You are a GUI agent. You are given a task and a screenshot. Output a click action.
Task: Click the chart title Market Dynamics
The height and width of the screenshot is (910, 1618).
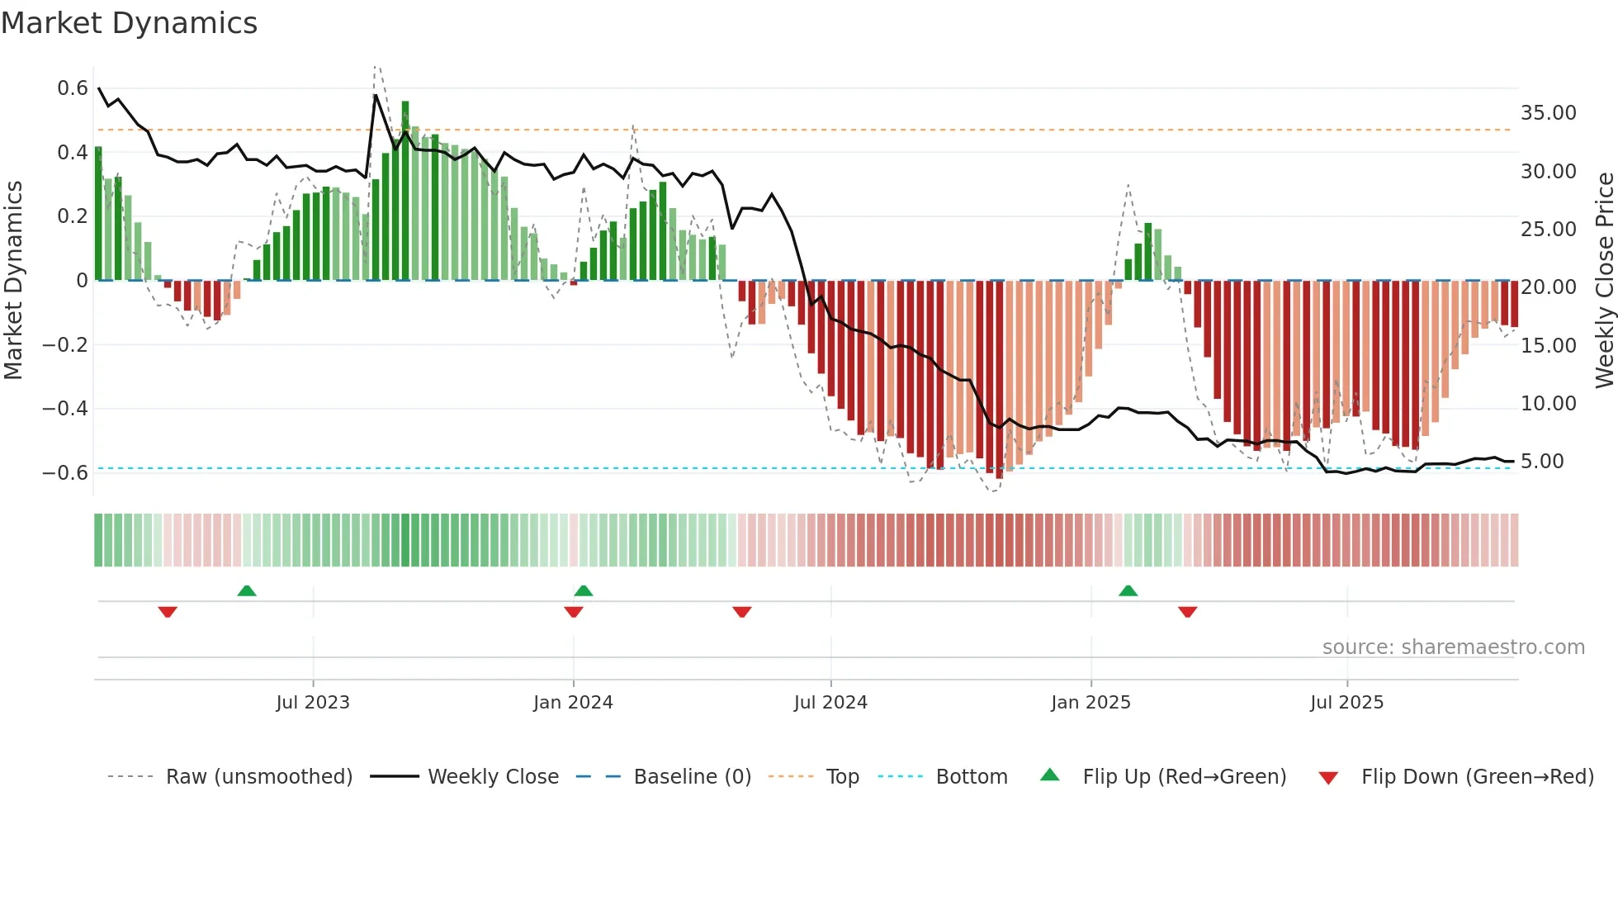pos(130,23)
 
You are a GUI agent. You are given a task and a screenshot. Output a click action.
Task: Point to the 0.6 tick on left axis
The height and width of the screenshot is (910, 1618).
pos(73,88)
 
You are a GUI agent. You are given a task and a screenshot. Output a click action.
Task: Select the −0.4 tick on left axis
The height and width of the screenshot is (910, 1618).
pos(65,409)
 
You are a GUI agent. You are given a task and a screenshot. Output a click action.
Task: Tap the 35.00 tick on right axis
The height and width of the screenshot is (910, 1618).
pos(1548,113)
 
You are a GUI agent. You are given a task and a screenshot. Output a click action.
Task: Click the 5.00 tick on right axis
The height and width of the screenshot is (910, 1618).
pos(1542,462)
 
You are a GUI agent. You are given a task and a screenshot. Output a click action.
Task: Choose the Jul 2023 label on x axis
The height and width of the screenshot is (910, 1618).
pos(313,703)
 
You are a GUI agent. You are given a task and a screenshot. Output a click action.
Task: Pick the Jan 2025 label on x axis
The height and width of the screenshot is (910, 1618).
pos(1090,703)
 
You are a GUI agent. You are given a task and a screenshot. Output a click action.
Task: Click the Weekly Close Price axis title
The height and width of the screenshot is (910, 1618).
pos(1604,281)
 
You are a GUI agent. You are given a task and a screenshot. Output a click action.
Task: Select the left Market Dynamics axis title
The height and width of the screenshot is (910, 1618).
pos(13,281)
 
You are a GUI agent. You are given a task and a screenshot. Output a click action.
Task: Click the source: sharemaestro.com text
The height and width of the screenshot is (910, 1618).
pos(1453,647)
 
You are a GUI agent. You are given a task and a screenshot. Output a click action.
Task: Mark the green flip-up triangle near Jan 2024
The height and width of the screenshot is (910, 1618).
pos(584,590)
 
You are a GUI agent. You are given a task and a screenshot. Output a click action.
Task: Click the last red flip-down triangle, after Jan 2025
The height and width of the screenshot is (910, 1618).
pos(1188,612)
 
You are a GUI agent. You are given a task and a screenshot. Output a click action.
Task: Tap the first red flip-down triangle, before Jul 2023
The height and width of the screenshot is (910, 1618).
pos(168,612)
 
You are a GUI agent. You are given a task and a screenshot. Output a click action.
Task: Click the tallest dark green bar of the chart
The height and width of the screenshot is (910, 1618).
pos(405,190)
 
